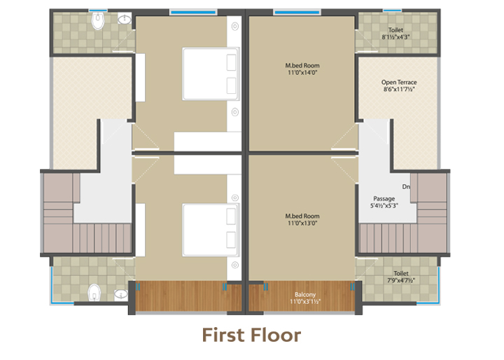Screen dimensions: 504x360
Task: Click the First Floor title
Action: pos(251,335)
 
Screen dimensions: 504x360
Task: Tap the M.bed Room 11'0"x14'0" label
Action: pos(302,69)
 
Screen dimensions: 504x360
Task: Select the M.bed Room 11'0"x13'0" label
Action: pos(302,219)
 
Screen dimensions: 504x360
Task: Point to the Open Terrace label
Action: pos(399,83)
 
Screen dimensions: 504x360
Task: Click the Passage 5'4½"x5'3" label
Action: pos(384,202)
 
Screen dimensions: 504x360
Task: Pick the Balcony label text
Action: pos(305,294)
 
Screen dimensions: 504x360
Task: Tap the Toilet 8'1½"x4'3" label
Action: pos(395,33)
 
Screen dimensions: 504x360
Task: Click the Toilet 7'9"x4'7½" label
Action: pos(401,277)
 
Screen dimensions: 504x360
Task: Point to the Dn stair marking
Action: pos(406,186)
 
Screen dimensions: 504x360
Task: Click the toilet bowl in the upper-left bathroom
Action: pos(98,20)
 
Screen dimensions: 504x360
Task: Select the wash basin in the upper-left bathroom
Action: pos(125,19)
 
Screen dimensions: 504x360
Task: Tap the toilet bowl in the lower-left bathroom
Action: pos(94,292)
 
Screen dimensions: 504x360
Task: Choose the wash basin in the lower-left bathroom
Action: pos(121,294)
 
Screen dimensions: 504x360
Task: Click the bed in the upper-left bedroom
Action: pos(211,74)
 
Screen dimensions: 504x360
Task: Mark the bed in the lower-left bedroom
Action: pos(211,230)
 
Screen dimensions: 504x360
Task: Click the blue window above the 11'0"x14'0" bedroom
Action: pos(297,12)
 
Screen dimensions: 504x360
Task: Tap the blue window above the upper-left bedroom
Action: pos(193,12)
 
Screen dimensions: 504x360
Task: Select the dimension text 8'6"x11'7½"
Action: pos(399,89)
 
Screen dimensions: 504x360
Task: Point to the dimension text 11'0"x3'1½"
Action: pos(305,301)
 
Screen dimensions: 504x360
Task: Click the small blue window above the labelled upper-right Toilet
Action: pos(393,11)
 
